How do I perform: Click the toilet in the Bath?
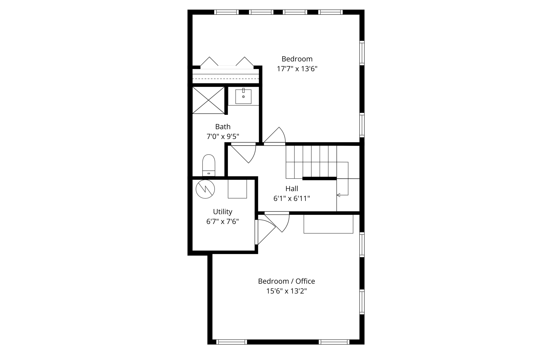pyautogui.click(x=209, y=165)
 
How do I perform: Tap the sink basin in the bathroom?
pyautogui.click(x=243, y=97)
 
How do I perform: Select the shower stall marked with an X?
pyautogui.click(x=208, y=100)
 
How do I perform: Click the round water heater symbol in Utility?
pyautogui.click(x=205, y=189)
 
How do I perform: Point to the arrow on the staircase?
pyautogui.click(x=339, y=195)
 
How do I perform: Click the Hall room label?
pyautogui.click(x=292, y=189)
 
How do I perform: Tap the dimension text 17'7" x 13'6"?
pyautogui.click(x=297, y=69)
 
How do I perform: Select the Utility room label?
pyautogui.click(x=223, y=212)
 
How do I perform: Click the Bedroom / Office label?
pyautogui.click(x=287, y=281)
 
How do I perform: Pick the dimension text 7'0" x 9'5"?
pyautogui.click(x=223, y=137)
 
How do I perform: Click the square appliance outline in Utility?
pyautogui.click(x=237, y=189)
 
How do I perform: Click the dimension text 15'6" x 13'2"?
pyautogui.click(x=287, y=291)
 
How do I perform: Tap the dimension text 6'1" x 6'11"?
pyautogui.click(x=292, y=199)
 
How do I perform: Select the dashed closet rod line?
pyautogui.click(x=225, y=79)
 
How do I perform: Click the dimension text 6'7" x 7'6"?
pyautogui.click(x=223, y=221)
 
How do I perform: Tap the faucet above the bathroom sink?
pyautogui.click(x=243, y=90)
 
